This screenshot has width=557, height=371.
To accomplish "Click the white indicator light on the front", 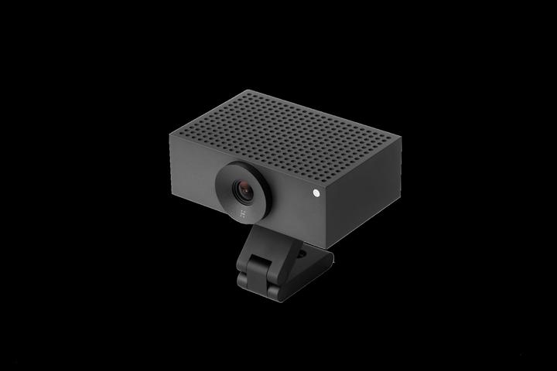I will [x=316, y=194].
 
